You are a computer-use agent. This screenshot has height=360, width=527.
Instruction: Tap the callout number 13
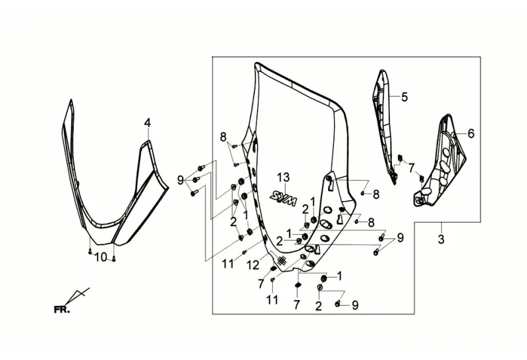[x=283, y=177]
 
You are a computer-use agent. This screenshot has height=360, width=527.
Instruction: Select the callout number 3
[x=441, y=239]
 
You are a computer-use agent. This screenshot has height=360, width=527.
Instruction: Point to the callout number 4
[x=147, y=123]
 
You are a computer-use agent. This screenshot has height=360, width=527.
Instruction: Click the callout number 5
[x=404, y=97]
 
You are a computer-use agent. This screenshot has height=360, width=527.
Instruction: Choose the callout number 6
[x=471, y=134]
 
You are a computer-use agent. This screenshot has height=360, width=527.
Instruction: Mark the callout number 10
[x=101, y=257]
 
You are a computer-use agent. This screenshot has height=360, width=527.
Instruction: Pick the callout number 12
[x=254, y=266]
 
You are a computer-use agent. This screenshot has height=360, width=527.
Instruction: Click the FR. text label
[x=62, y=309]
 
